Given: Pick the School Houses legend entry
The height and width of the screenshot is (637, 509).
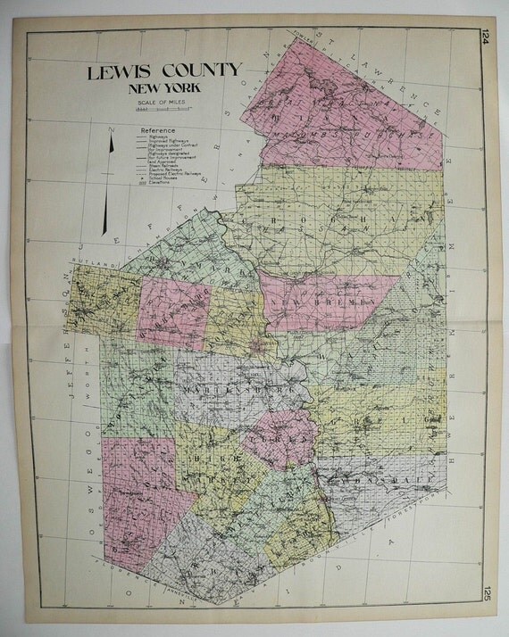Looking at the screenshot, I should pos(163,178).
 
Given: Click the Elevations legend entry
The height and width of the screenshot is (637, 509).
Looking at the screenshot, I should pos(160,183).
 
